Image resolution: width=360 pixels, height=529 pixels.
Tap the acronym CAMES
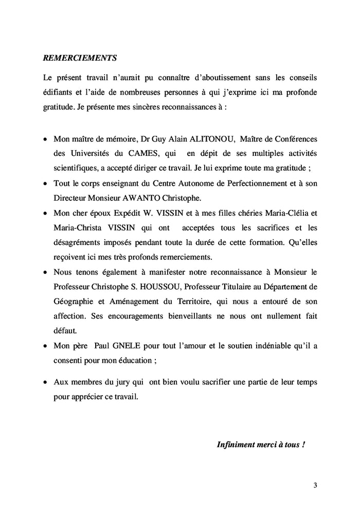click(x=137, y=153)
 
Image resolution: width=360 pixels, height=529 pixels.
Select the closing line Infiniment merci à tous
click(x=261, y=444)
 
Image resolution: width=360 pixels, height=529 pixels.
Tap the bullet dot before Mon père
click(x=46, y=346)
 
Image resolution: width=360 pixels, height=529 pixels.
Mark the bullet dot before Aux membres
click(x=46, y=383)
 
